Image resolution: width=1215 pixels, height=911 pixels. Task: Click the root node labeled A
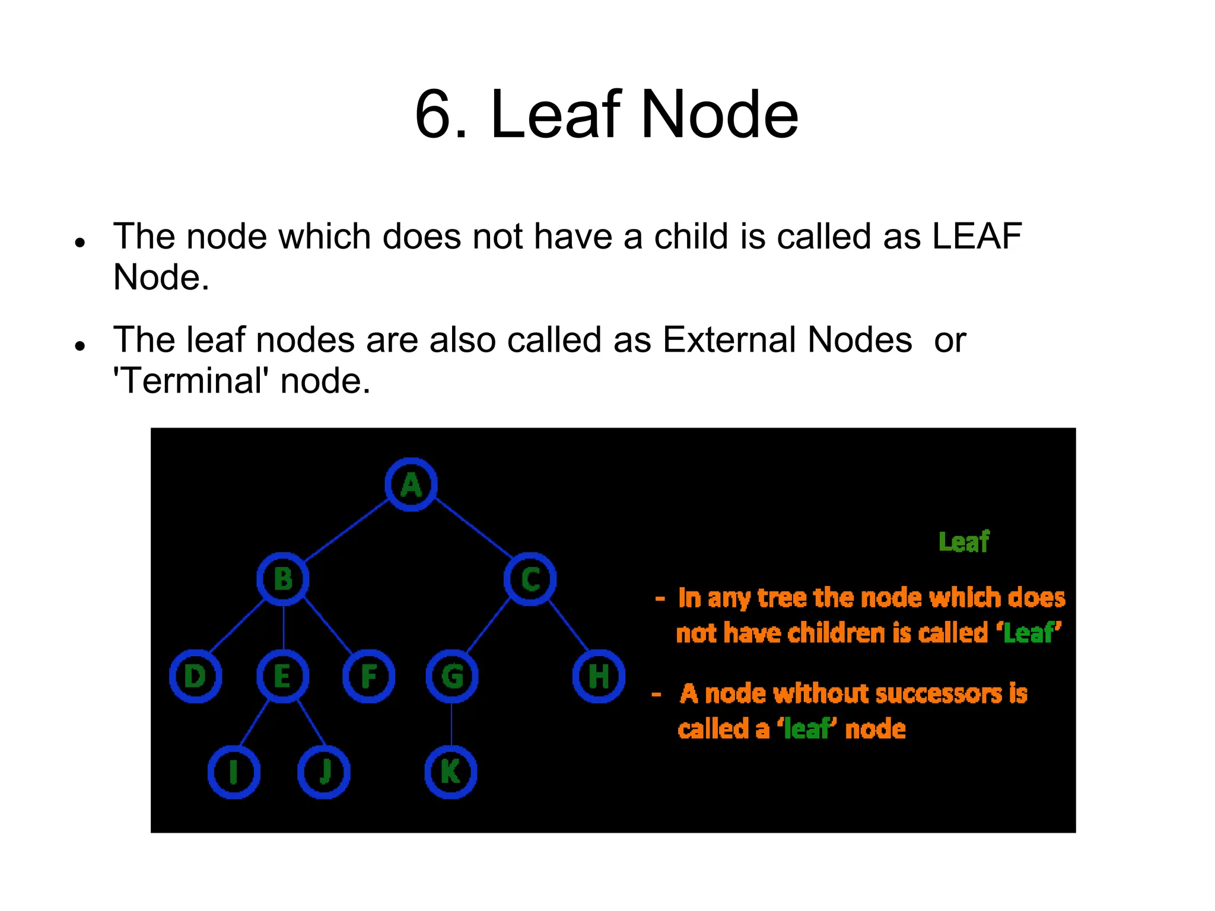[x=411, y=485]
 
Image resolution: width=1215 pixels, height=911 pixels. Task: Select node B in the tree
[x=283, y=579]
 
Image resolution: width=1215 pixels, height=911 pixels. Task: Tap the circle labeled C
[x=530, y=579]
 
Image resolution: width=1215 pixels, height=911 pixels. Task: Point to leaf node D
[x=195, y=676]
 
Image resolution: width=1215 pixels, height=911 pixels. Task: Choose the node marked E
[x=283, y=676]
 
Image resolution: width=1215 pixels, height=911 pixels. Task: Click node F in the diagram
[x=369, y=676]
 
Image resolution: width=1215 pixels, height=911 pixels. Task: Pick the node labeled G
[x=452, y=676]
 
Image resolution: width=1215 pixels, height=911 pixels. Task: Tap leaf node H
[x=599, y=676]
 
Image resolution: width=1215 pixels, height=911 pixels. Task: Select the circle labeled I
[x=234, y=772]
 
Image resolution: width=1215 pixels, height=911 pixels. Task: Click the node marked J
[x=324, y=772]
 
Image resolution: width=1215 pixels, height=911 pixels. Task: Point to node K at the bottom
[x=451, y=772]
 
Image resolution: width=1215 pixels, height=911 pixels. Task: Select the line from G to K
[x=451, y=725]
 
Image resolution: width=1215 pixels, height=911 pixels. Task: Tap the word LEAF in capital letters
[x=977, y=237]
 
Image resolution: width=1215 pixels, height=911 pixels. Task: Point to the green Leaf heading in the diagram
[x=963, y=542]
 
